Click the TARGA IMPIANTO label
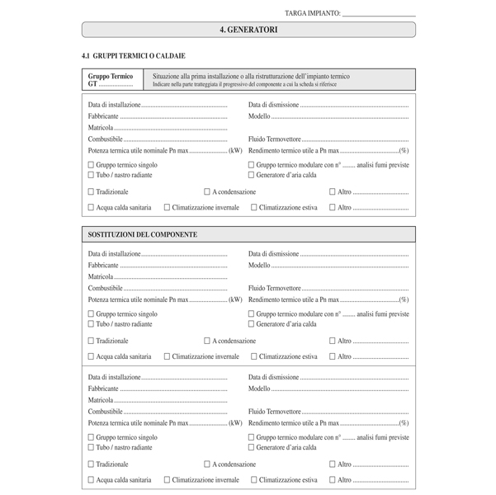312,13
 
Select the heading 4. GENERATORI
248,30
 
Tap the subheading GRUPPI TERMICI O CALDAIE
133,55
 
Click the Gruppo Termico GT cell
112,79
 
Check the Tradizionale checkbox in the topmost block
91,191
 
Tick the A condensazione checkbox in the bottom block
207,464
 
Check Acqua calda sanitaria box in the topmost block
91,207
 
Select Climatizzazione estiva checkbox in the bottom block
254,479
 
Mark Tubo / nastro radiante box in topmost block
91,175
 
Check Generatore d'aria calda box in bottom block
251,447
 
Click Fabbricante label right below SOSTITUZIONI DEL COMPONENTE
103,266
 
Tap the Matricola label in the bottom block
101,399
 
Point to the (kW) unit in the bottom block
235,422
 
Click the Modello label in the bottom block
259,388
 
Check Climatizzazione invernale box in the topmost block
168,207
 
